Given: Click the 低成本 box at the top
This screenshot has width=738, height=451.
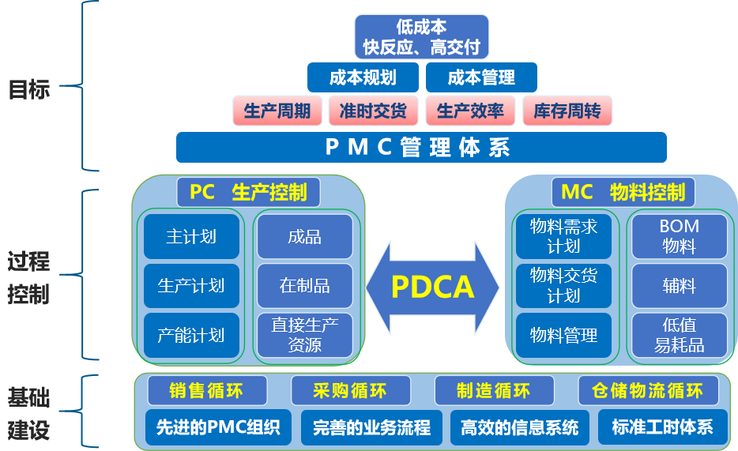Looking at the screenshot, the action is coord(421,36).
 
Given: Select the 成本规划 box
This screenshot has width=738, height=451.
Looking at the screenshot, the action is coord(363,77).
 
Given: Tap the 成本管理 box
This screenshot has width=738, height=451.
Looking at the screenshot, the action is coord(481,77).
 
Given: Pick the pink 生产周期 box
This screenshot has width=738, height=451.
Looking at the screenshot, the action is coord(277,111).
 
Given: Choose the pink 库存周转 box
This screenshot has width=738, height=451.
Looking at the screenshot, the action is coord(567,111).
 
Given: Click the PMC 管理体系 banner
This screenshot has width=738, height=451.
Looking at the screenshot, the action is coord(421,147).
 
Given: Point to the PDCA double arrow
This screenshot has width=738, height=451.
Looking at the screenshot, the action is coord(432,287).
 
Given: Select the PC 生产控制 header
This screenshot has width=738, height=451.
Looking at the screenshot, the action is coord(249,193).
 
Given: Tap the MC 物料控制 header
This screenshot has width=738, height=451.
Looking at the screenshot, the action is coord(623,193).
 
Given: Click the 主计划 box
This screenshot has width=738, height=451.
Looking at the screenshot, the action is coord(191,236).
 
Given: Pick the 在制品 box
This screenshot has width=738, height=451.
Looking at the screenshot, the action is coord(305,286).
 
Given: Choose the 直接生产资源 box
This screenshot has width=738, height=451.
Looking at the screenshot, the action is coord(305,336).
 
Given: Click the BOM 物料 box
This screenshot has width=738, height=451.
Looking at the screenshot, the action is coord(680,236).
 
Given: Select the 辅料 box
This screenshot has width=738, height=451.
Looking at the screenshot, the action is coord(680,286).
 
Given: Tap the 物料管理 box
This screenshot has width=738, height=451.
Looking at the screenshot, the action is coord(563,336).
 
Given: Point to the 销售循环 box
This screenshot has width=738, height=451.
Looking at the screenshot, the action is coord(207,390).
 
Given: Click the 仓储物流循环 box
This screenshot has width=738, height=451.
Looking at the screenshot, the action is coord(648,390).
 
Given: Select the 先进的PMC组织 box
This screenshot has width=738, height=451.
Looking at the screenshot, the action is coord(218,427).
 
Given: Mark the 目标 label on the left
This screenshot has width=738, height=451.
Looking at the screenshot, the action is coord(29,89).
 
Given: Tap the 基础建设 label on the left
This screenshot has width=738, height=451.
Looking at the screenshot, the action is coord(28,414).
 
